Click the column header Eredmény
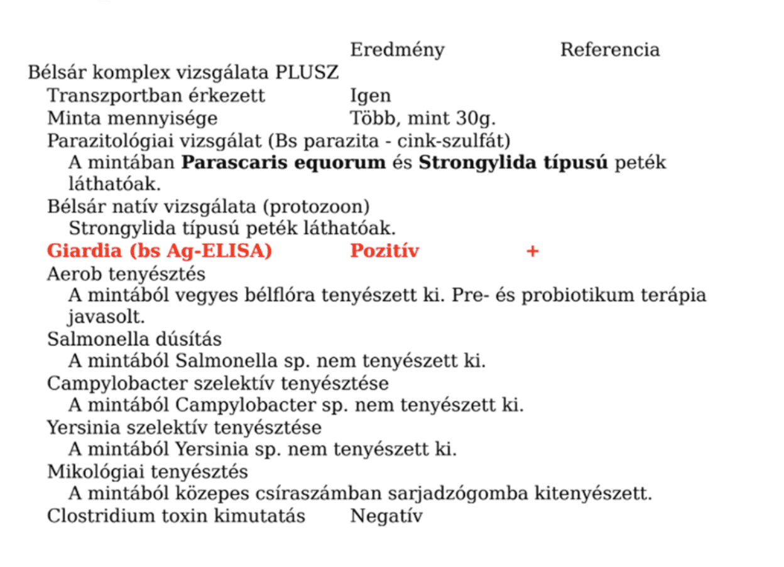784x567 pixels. (x=397, y=50)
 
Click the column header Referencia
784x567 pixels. (x=609, y=50)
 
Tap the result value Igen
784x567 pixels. (x=370, y=96)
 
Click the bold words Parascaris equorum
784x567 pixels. (x=283, y=163)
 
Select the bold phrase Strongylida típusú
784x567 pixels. (x=513, y=163)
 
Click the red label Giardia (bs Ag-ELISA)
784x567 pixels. (x=160, y=251)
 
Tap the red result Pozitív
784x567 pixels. (x=384, y=251)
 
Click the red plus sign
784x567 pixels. (x=532, y=251)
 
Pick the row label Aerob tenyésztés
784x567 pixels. (x=126, y=274)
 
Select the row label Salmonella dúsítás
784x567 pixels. (x=134, y=339)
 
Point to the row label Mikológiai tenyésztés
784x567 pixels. (x=148, y=471)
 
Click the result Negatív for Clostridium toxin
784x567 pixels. (x=386, y=516)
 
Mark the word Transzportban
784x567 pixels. (x=102, y=96)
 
